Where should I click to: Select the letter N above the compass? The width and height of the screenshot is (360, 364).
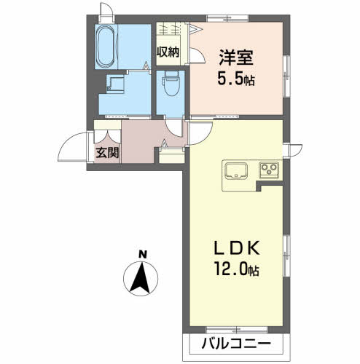(x=143, y=254)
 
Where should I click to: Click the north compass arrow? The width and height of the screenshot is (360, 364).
(x=143, y=280)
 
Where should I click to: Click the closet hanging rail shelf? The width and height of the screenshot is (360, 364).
(x=172, y=31)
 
